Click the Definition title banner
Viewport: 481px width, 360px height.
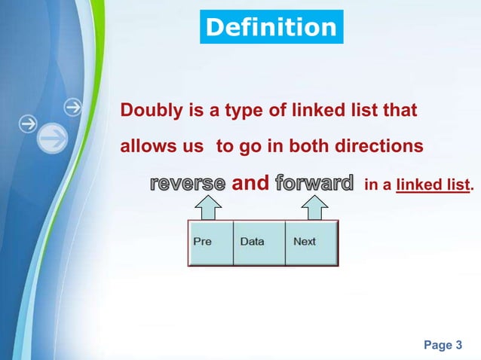[271, 28]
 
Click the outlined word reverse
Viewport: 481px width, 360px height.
[188, 183]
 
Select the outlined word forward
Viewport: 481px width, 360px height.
[314, 183]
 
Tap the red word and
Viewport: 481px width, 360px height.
[250, 183]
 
